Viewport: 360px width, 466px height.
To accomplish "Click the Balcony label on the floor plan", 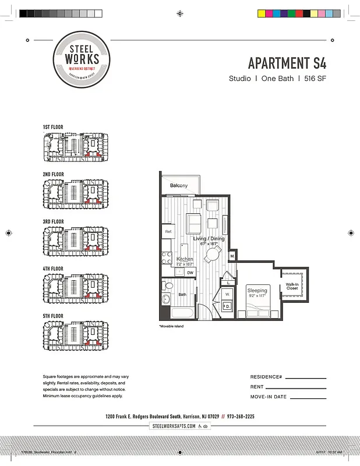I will [x=179, y=185].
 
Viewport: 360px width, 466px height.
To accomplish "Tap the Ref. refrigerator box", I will [x=168, y=232].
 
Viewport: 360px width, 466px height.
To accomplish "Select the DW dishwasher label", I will [x=190, y=272].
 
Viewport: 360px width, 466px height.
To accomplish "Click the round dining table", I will [x=213, y=253].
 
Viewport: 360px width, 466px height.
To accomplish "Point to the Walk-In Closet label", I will [x=292, y=286].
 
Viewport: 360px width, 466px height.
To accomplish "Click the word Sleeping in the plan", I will [x=257, y=290].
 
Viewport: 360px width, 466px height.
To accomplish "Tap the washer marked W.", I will [x=227, y=294].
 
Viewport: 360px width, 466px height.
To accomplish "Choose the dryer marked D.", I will [x=227, y=306].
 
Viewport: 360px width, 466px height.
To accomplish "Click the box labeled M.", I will [x=232, y=256].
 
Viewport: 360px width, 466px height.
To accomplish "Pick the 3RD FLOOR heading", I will [x=52, y=221].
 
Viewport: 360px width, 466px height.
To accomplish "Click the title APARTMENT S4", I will [x=287, y=63].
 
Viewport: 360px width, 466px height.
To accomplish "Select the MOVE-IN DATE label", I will [x=268, y=397].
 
